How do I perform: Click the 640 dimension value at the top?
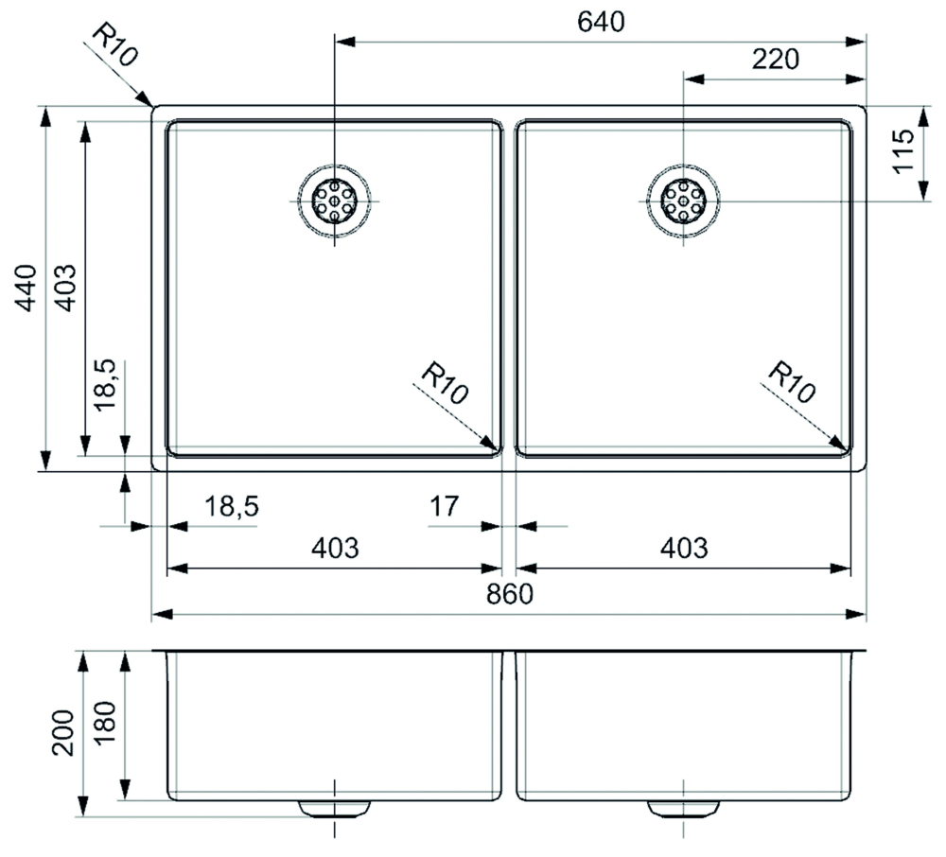pos(601,23)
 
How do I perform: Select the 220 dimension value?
pos(776,59)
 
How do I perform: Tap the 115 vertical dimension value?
pos(903,150)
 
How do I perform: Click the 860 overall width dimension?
pos(510,594)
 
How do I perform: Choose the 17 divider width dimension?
pos(444,506)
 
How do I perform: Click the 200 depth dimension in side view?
pos(62,733)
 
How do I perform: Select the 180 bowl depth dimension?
pos(105,723)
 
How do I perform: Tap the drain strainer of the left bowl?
pos(334,201)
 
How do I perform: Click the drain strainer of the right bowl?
pos(683,201)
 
